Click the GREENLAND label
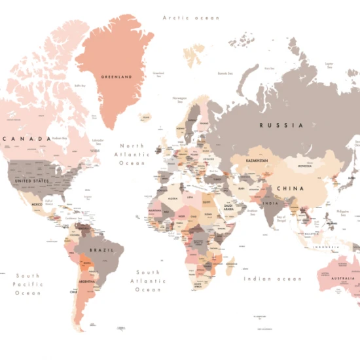click(x=116, y=77)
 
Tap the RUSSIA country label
click(x=281, y=124)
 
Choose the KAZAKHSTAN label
click(x=259, y=160)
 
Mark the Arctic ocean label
click(x=191, y=18)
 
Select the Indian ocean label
click(x=273, y=279)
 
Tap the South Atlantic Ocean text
click(x=147, y=281)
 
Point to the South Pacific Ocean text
click(x=28, y=284)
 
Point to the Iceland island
click(x=145, y=118)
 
